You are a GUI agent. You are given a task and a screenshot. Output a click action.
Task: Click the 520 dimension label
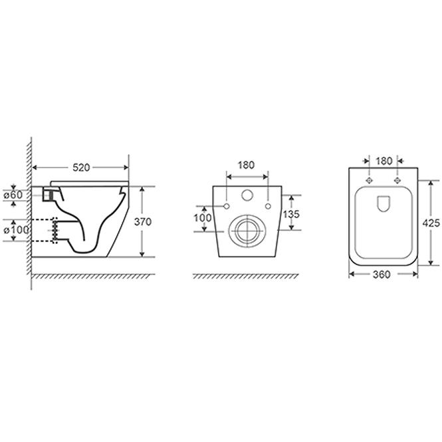(x=81, y=167)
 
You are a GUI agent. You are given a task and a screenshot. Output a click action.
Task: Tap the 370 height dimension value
(x=143, y=222)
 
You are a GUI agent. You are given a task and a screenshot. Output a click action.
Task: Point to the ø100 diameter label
(x=16, y=230)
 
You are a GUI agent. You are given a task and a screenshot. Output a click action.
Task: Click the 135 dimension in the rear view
(x=291, y=214)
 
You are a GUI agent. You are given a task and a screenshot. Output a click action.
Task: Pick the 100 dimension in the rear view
(x=203, y=217)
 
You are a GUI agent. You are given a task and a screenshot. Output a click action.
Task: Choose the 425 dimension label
(x=431, y=223)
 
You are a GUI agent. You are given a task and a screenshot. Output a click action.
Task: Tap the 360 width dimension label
(x=382, y=275)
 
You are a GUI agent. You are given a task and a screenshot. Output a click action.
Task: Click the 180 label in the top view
(x=384, y=161)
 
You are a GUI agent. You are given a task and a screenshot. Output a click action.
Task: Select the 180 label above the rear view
(x=246, y=165)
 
